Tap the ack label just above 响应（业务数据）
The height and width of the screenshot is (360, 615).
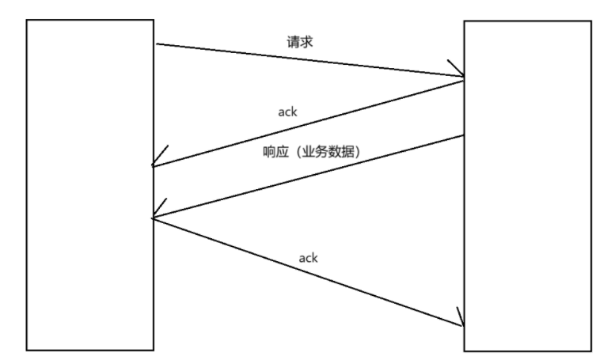click(287, 112)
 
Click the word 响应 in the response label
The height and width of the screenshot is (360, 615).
click(273, 153)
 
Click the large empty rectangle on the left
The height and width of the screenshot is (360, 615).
click(89, 184)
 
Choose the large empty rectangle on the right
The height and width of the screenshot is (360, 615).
click(527, 186)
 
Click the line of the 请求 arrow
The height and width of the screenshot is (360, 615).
click(309, 61)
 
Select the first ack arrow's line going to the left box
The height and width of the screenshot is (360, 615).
click(309, 122)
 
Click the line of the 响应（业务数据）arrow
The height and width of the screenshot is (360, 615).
click(309, 176)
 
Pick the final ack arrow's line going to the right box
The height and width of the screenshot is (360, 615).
click(309, 271)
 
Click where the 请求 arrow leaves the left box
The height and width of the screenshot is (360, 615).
click(155, 45)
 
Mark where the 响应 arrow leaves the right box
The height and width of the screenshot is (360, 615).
click(463, 135)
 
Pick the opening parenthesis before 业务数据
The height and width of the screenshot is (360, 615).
click(296, 153)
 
